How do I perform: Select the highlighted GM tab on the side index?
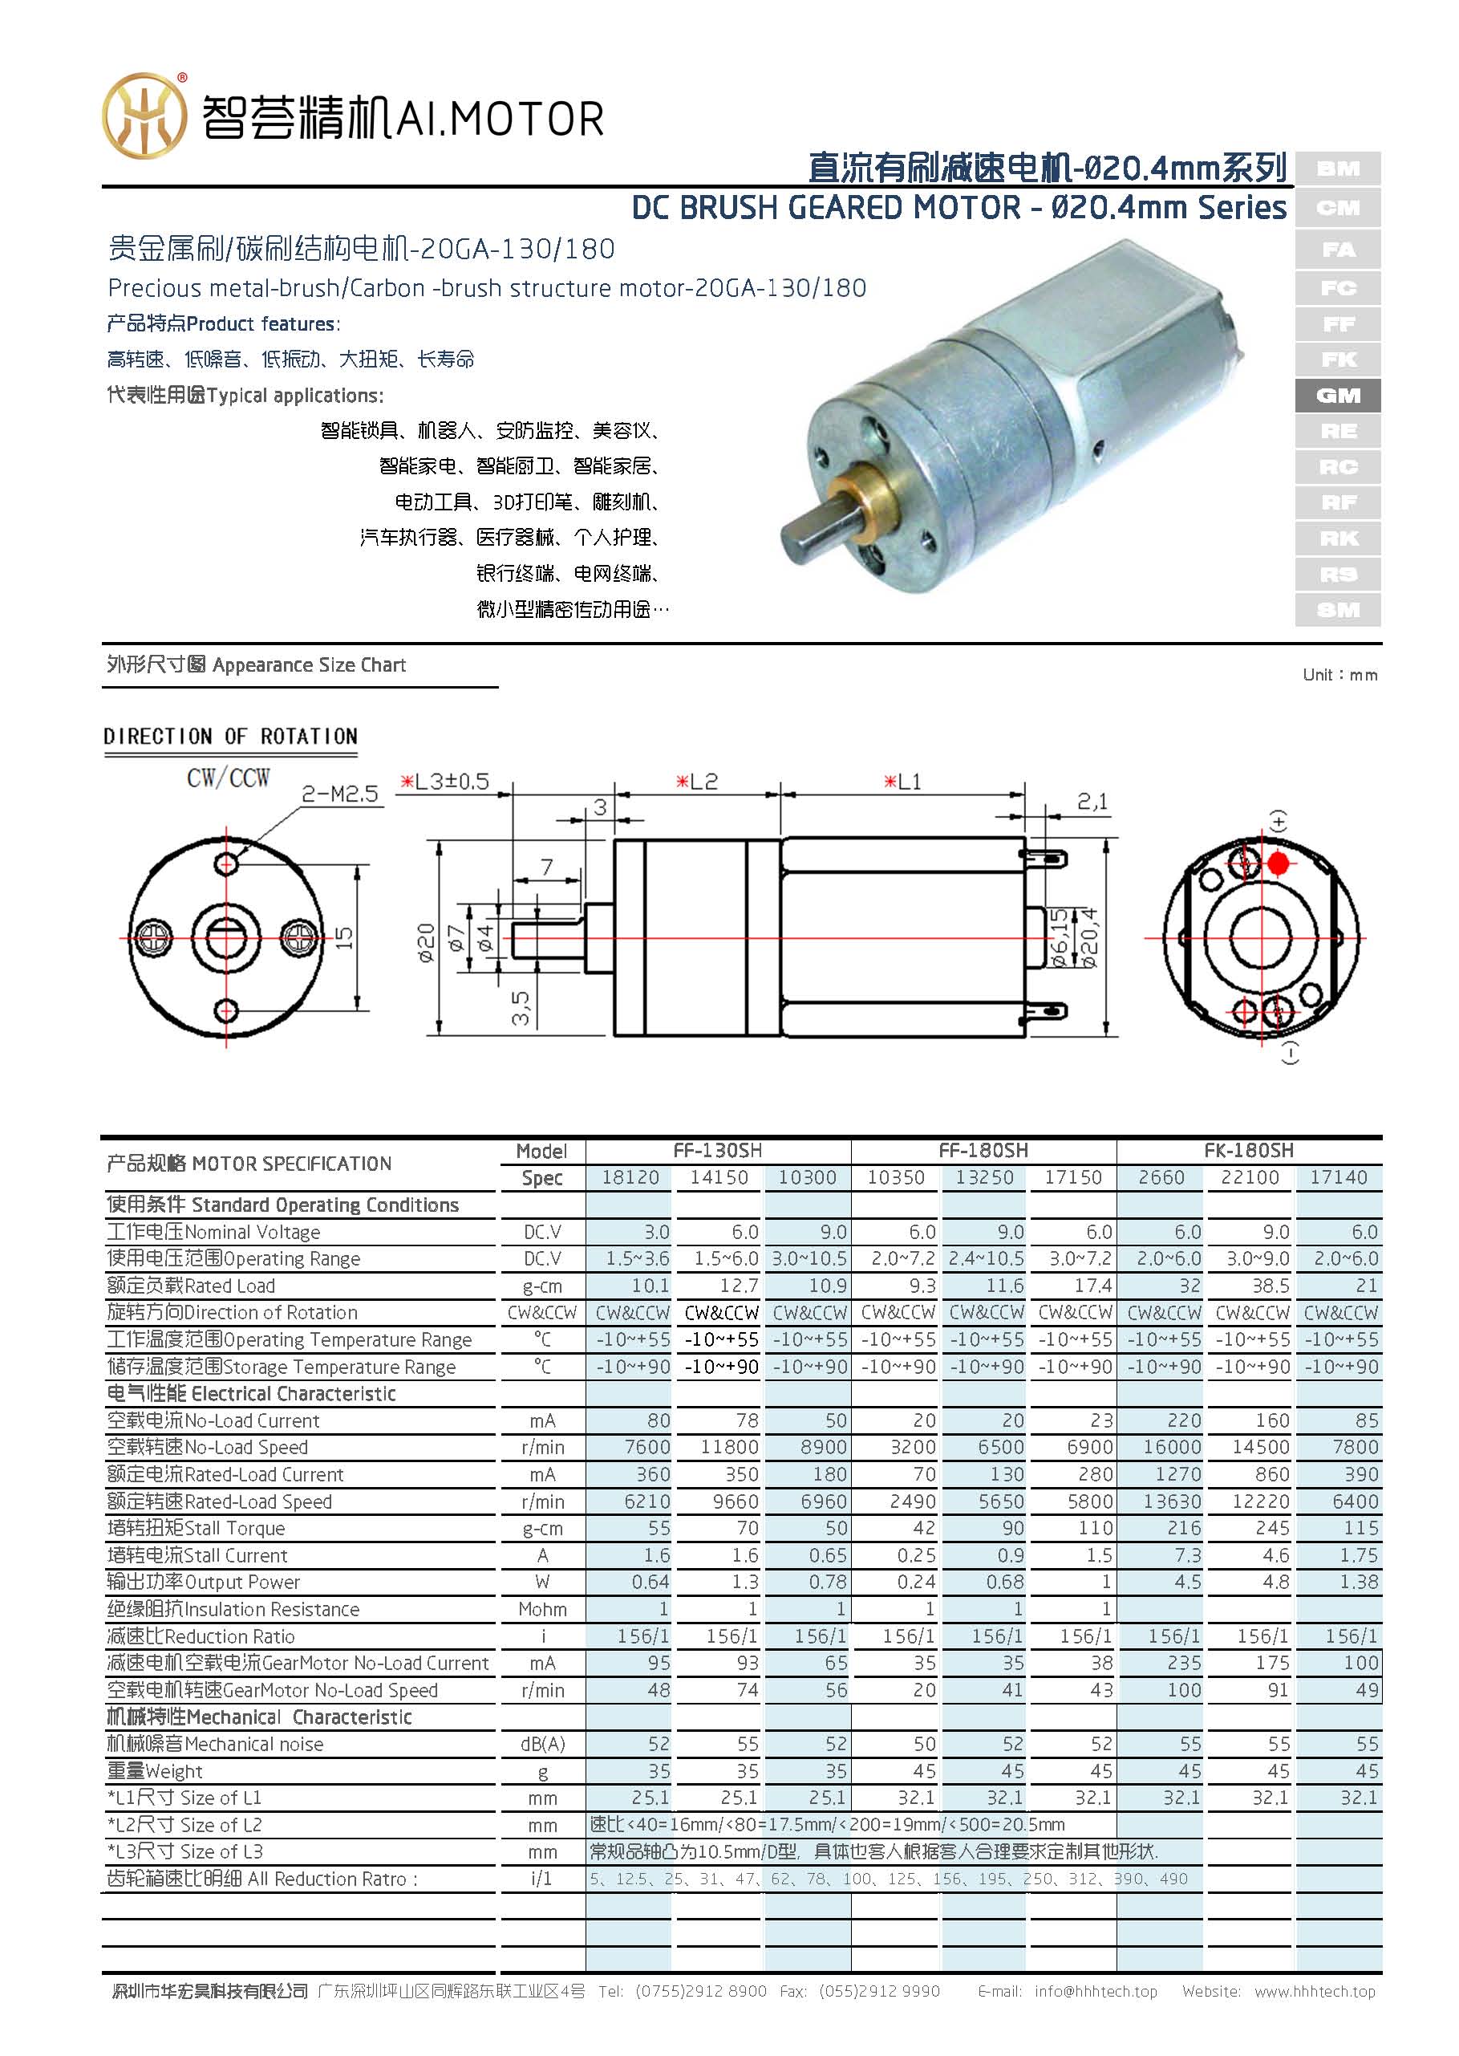(x=1337, y=396)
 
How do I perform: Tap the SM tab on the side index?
(x=1337, y=610)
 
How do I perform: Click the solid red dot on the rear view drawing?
(x=1278, y=864)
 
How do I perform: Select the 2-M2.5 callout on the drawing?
(x=339, y=794)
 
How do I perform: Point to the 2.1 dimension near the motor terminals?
(x=1092, y=802)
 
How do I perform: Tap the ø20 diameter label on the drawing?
(x=427, y=943)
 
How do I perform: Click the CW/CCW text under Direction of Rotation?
(x=228, y=778)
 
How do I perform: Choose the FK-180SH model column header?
(x=1248, y=1150)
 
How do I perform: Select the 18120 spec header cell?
(x=630, y=1177)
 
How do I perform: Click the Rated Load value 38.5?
(x=1271, y=1286)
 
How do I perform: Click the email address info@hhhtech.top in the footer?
(x=1095, y=1991)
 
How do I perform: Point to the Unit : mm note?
(x=1339, y=675)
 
